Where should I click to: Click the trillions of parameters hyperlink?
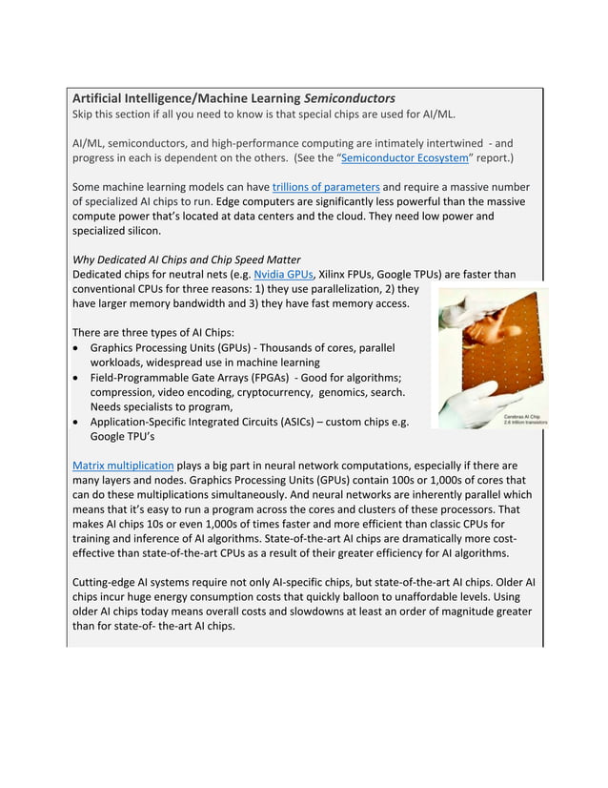coord(326,187)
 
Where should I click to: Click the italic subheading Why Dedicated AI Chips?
coord(187,259)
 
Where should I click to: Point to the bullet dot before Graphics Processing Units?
coord(77,348)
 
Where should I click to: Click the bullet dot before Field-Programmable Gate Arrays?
coord(77,378)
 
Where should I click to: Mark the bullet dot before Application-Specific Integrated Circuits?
coord(77,422)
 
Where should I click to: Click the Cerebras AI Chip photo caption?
coord(523,420)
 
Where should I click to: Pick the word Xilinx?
coord(336,274)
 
